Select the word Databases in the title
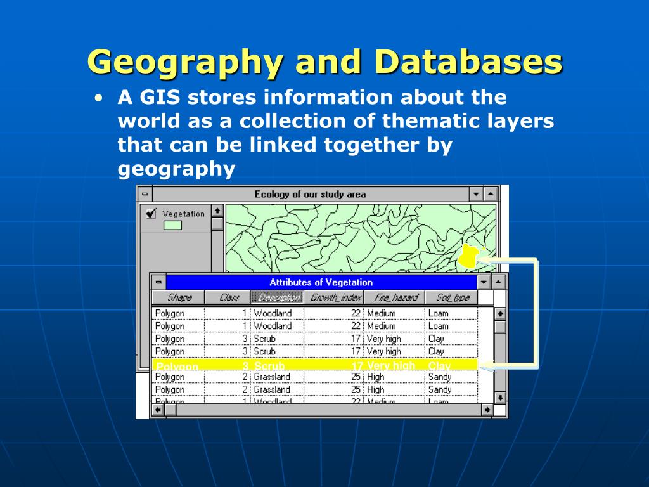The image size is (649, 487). coord(468,62)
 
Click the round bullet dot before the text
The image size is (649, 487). coord(98,99)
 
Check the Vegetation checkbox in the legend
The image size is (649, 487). coord(151,214)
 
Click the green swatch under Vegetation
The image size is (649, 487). coord(172,225)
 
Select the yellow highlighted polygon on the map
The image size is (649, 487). coord(468,256)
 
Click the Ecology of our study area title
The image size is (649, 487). coord(310,194)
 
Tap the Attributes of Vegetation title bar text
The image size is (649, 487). coord(321,282)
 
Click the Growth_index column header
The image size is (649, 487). coord(336,297)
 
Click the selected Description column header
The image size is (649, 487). coord(276,297)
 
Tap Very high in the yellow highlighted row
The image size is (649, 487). coord(391,365)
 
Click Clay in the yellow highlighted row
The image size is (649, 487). coord(439,365)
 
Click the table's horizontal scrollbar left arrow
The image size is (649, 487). coord(158,410)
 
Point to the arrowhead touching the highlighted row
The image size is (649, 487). coord(485,365)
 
